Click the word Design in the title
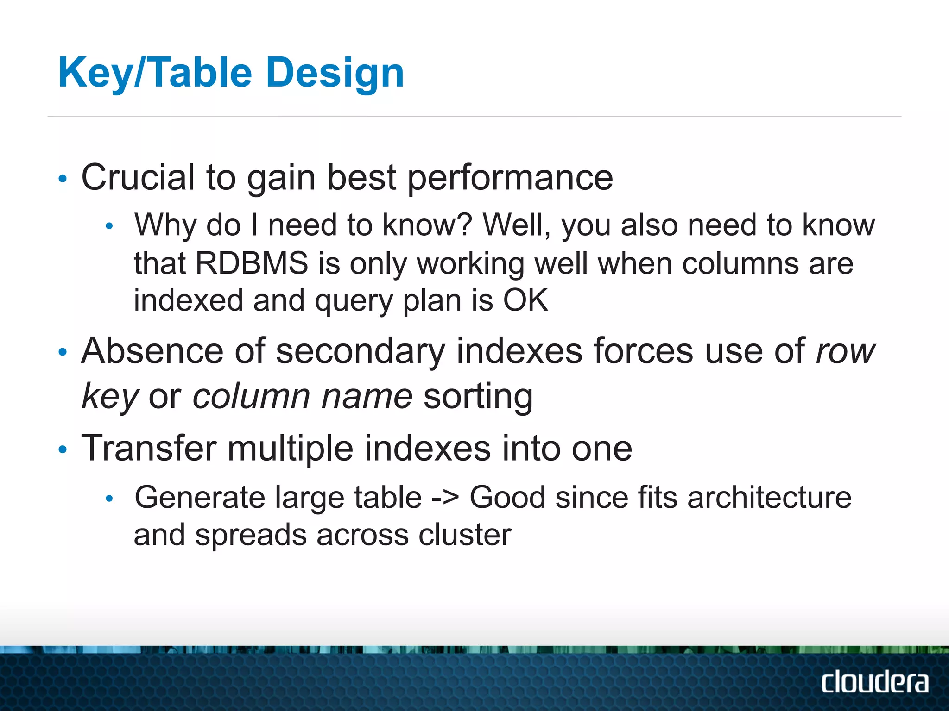(x=335, y=73)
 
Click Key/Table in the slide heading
(x=155, y=73)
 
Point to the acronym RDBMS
(x=252, y=263)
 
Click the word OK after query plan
(x=525, y=300)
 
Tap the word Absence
(x=152, y=351)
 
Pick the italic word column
(x=251, y=397)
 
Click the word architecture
(x=769, y=498)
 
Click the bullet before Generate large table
(x=109, y=499)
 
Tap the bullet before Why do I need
(x=109, y=226)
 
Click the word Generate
(x=200, y=498)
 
